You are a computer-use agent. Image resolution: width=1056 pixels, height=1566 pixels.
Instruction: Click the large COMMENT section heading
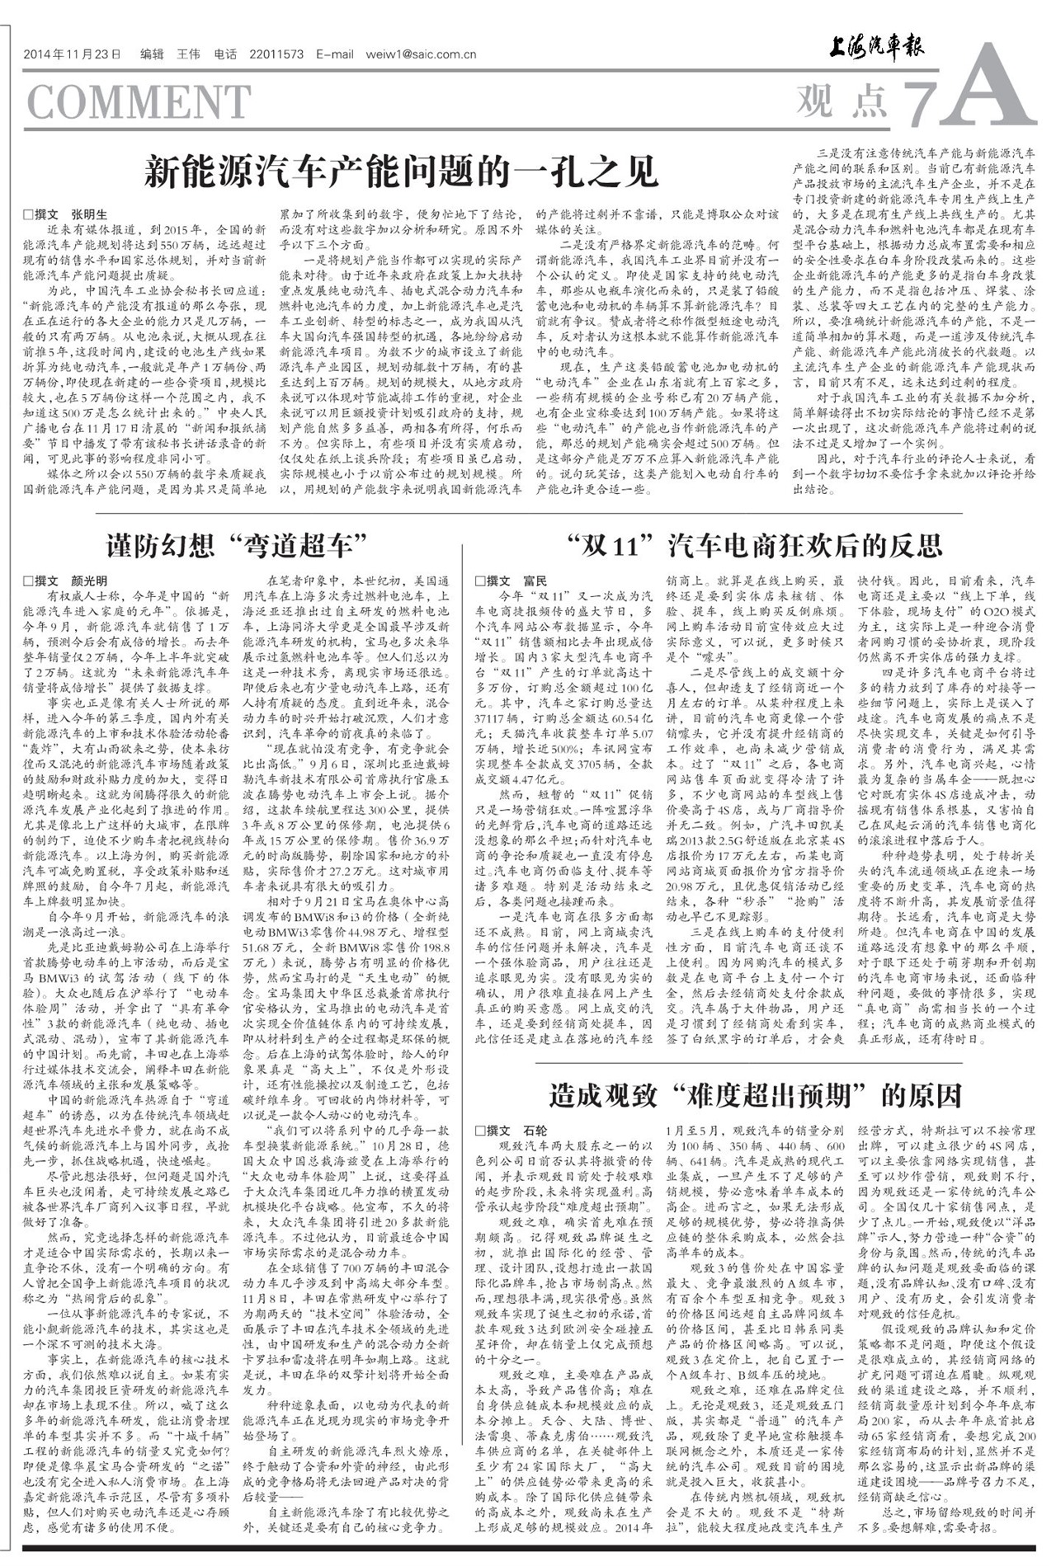[x=139, y=102]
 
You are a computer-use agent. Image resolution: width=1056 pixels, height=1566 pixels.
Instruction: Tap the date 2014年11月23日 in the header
[x=73, y=55]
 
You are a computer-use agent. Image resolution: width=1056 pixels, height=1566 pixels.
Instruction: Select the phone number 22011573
[x=276, y=55]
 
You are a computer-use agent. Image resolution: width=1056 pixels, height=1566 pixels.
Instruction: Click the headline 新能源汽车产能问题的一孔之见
[x=401, y=172]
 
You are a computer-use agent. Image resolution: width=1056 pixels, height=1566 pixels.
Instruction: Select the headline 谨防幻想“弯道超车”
[x=237, y=545]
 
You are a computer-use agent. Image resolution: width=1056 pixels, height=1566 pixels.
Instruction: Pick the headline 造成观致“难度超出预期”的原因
[x=755, y=1095]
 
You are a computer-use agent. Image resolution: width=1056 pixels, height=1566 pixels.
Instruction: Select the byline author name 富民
[x=535, y=581]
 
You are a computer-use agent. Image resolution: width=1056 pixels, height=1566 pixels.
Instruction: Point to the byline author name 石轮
[x=535, y=1130]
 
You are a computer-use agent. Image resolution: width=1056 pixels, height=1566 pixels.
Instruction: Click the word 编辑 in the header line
[x=153, y=55]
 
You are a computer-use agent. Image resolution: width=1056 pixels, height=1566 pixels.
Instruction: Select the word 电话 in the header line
[x=225, y=55]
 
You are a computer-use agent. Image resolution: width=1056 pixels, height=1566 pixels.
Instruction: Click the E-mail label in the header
[x=334, y=55]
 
